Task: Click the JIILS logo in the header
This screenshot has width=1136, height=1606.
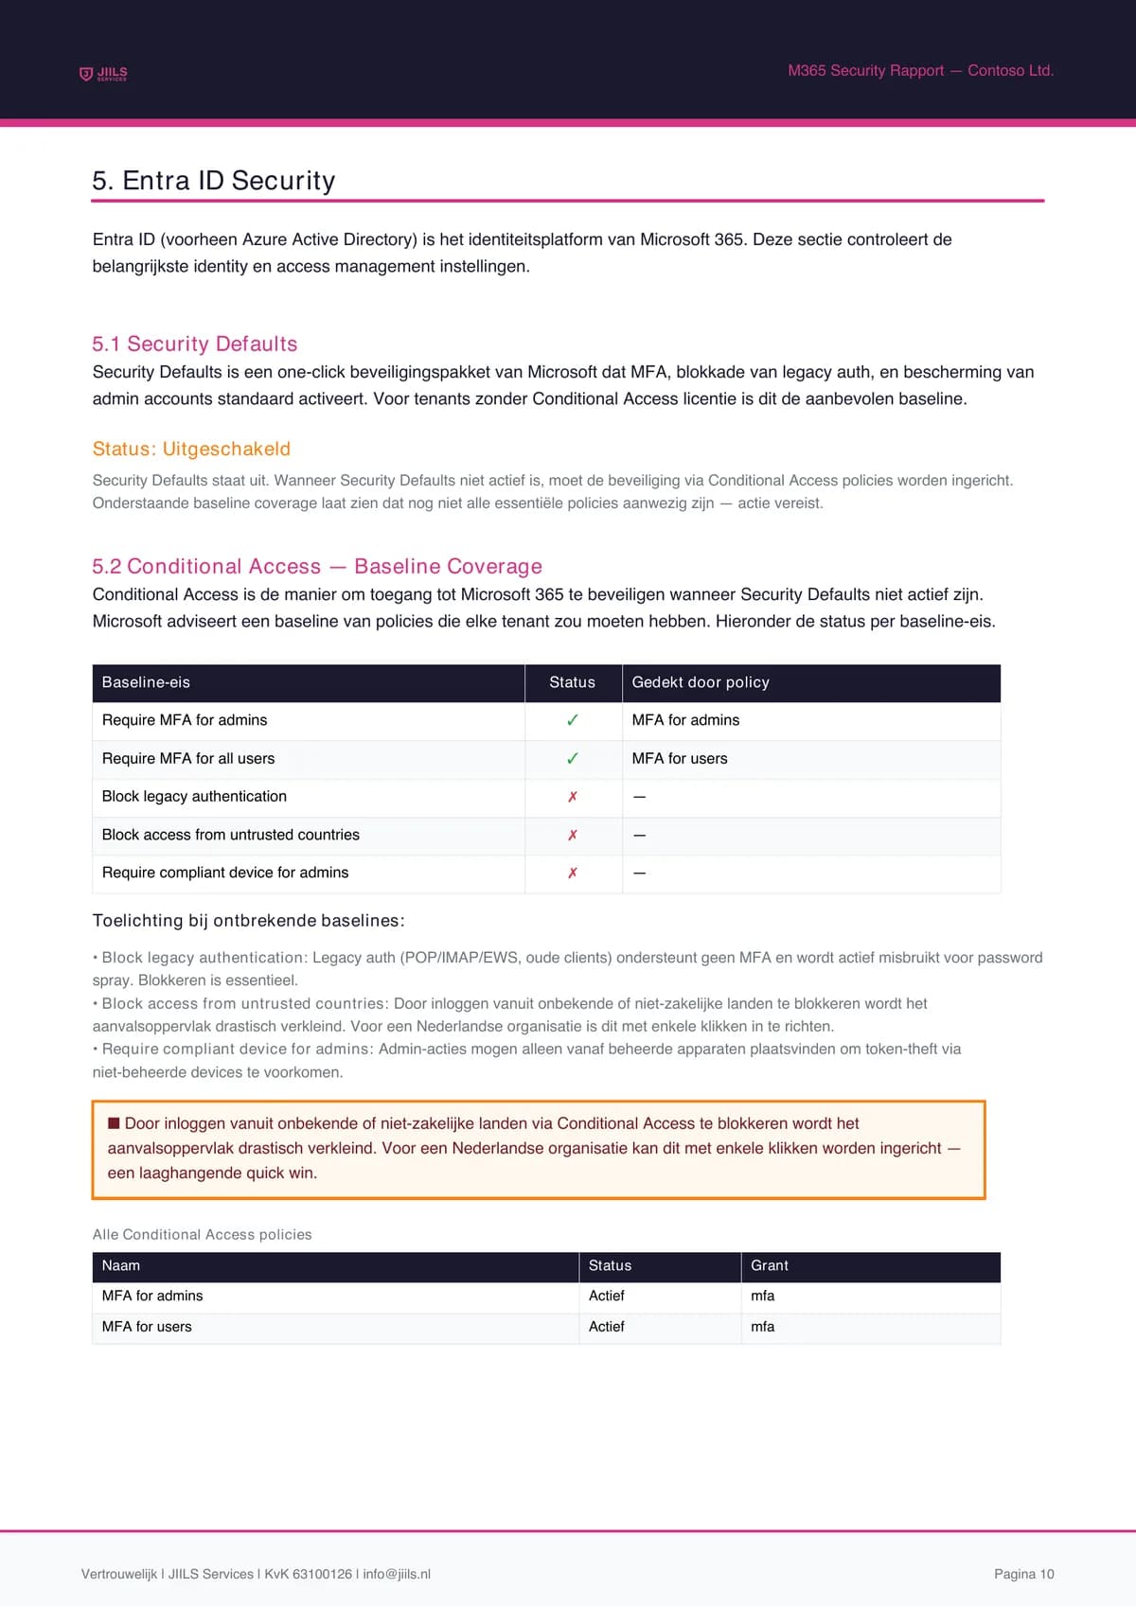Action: tap(103, 74)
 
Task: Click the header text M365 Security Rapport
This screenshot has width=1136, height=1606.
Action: tap(865, 71)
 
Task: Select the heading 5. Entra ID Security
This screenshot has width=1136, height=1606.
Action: tap(214, 181)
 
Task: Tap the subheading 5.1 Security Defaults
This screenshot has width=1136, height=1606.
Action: tap(195, 344)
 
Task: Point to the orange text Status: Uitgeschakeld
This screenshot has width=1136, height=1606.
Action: tap(191, 449)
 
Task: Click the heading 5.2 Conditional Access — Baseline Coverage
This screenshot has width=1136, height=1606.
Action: tap(317, 566)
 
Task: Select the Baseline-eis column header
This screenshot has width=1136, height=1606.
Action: tap(146, 682)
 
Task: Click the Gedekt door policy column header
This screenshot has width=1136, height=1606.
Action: tap(701, 682)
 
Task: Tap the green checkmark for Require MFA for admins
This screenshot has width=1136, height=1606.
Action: tap(573, 720)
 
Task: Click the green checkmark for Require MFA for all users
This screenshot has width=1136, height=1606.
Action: tap(573, 759)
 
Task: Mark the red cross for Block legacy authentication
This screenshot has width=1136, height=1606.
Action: tap(573, 797)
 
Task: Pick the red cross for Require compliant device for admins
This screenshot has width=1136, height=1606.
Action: tap(573, 873)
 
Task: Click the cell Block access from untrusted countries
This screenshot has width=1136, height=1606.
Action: tap(231, 835)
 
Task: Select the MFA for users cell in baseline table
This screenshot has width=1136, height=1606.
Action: tap(680, 759)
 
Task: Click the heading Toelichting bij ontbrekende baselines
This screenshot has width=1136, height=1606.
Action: tap(248, 921)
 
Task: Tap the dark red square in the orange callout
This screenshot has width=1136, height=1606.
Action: tap(114, 1123)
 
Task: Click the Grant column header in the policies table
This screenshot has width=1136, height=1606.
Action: tap(770, 1265)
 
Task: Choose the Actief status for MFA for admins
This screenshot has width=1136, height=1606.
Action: tap(607, 1296)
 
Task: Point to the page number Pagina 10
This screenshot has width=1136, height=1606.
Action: tap(1023, 1574)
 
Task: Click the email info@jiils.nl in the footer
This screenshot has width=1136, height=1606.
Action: tap(397, 1574)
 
